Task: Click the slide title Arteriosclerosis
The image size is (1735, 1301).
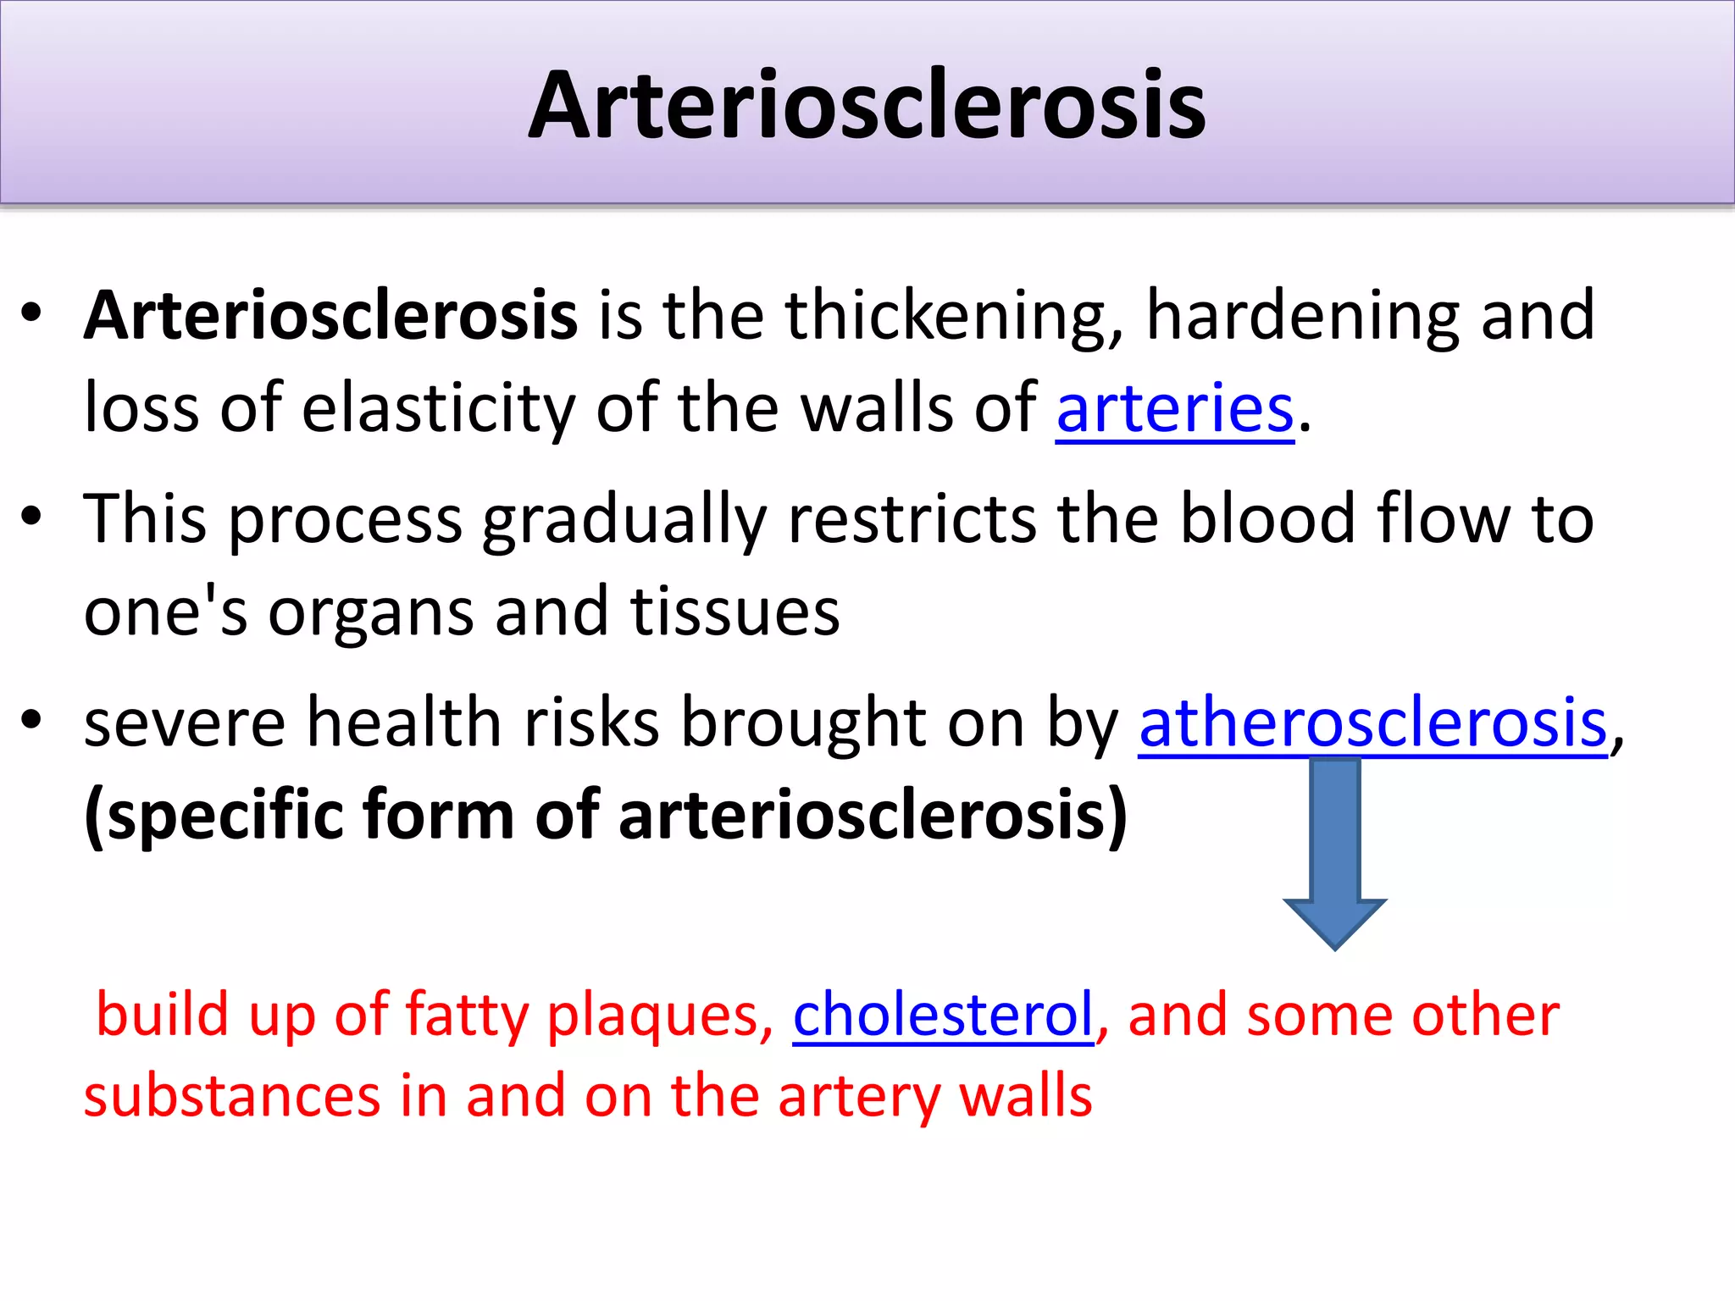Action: (x=867, y=105)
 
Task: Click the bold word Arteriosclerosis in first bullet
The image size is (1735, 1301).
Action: (x=330, y=315)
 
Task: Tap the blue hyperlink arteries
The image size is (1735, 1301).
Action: (x=1175, y=409)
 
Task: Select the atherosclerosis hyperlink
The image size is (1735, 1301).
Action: (x=1372, y=722)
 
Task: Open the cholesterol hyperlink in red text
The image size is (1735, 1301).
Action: (x=943, y=1015)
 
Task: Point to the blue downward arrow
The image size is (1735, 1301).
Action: (x=1334, y=855)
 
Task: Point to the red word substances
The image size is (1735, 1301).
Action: (x=231, y=1096)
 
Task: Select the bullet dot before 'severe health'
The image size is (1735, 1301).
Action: (x=31, y=720)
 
